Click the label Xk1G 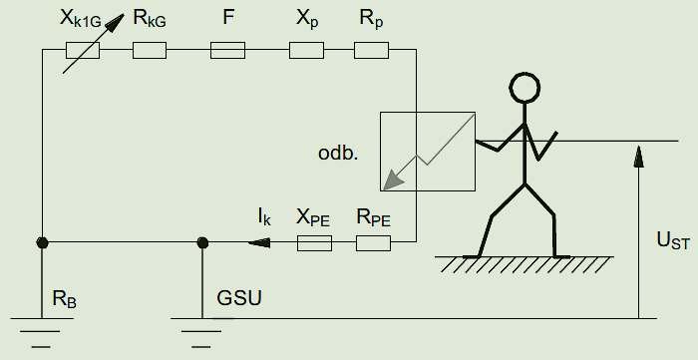pyautogui.click(x=81, y=20)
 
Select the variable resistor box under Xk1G pyautogui.click(x=83, y=50)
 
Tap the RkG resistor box pyautogui.click(x=150, y=50)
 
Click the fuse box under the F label pyautogui.click(x=227, y=50)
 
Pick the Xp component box pyautogui.click(x=306, y=50)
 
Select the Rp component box pyautogui.click(x=371, y=50)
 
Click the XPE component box pyautogui.click(x=314, y=243)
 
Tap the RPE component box pyautogui.click(x=374, y=243)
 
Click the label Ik pyautogui.click(x=264, y=218)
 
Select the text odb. pyautogui.click(x=338, y=154)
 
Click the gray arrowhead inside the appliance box pyautogui.click(x=393, y=180)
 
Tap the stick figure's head pyautogui.click(x=524, y=88)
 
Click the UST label pyautogui.click(x=673, y=241)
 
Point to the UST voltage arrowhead pyautogui.click(x=639, y=156)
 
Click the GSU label pyautogui.click(x=239, y=298)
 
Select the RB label pyautogui.click(x=65, y=299)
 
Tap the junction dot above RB pyautogui.click(x=42, y=242)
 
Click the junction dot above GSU pyautogui.click(x=202, y=242)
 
